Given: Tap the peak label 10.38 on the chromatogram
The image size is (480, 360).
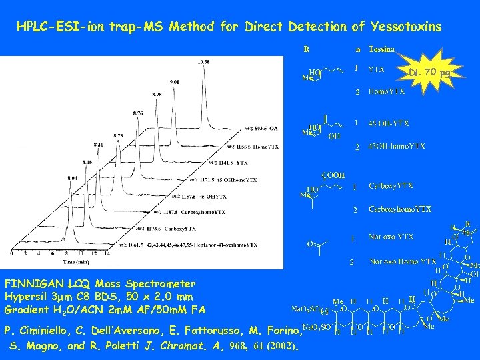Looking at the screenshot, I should [204, 62].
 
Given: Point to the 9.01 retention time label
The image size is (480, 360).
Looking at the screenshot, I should [175, 81].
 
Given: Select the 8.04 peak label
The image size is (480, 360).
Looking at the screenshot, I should [73, 178].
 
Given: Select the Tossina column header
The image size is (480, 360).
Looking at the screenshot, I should [381, 49].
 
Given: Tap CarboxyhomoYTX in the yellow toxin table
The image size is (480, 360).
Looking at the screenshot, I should [400, 209].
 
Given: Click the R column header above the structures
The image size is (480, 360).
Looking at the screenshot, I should [306, 49].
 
